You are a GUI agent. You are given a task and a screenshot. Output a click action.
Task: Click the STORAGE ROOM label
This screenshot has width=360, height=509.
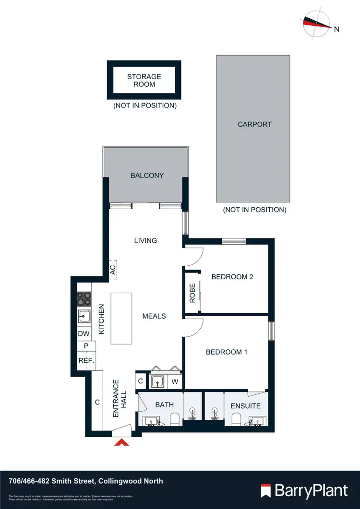(x=144, y=80)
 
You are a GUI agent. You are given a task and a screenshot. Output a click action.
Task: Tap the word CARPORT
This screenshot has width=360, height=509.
(x=254, y=124)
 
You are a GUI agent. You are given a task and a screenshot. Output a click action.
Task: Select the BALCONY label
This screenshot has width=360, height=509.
(x=147, y=176)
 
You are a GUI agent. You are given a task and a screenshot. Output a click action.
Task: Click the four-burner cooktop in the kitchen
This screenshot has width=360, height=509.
(x=84, y=299)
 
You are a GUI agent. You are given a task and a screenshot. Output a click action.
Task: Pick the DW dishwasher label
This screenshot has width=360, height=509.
(x=84, y=333)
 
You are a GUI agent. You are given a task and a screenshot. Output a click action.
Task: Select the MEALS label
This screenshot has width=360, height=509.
(x=154, y=316)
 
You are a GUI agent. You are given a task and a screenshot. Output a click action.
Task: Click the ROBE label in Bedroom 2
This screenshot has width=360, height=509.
(x=192, y=293)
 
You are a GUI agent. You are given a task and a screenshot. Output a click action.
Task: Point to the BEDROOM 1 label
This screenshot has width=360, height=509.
(x=227, y=352)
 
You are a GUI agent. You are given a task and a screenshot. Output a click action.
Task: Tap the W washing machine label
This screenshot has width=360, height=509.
(x=175, y=382)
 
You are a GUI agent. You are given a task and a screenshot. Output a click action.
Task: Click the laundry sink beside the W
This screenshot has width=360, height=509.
(x=158, y=382)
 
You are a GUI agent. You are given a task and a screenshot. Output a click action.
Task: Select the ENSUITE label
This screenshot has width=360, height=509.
(x=246, y=406)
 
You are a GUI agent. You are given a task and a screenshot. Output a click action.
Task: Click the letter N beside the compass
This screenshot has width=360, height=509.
(x=336, y=29)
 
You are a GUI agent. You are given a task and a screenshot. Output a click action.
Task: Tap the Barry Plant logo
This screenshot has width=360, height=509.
(x=304, y=490)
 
